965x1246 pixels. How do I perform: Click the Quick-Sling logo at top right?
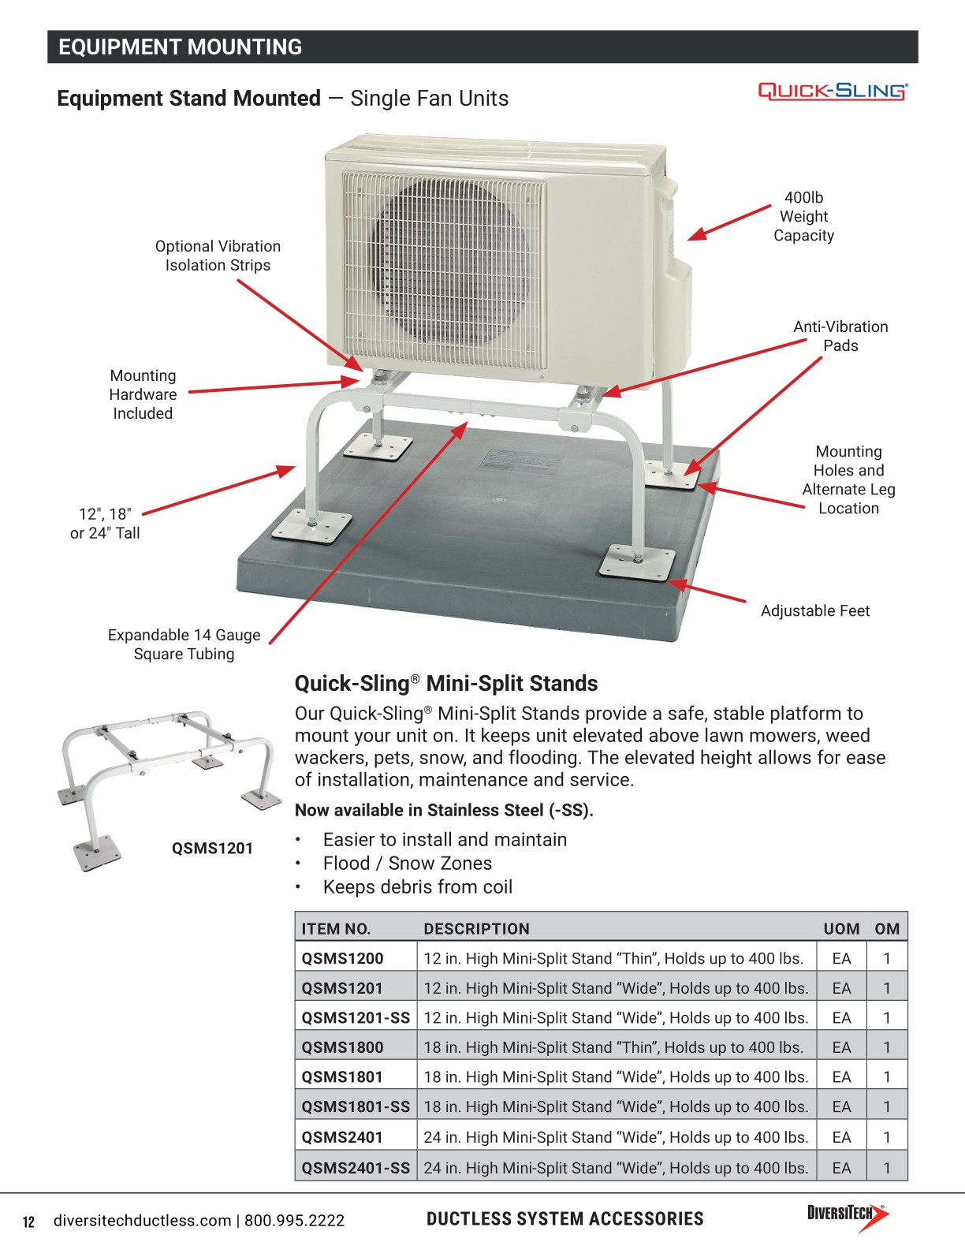(833, 91)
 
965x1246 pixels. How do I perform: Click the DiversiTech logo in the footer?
(847, 1218)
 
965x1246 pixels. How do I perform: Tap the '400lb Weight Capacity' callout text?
(803, 217)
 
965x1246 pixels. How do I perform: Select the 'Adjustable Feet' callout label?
(814, 611)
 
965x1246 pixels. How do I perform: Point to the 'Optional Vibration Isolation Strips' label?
(218, 256)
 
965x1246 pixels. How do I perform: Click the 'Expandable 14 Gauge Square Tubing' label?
(184, 644)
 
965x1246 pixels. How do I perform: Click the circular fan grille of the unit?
(446, 261)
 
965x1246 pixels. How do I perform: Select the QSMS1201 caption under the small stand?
(212, 849)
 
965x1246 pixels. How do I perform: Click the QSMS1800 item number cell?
(342, 1047)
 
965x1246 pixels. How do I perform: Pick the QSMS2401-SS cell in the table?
(356, 1167)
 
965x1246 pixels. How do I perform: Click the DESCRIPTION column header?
(476, 929)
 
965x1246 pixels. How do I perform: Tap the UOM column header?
(841, 929)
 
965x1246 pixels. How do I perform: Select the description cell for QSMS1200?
(613, 958)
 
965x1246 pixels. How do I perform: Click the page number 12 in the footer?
(29, 1222)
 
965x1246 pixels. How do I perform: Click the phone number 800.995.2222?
(294, 1221)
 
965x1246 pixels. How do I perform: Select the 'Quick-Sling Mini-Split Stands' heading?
(446, 684)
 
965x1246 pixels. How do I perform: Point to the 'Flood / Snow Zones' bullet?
(407, 864)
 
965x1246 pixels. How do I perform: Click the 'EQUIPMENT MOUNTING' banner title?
(180, 47)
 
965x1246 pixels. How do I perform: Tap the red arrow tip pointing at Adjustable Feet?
(671, 584)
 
